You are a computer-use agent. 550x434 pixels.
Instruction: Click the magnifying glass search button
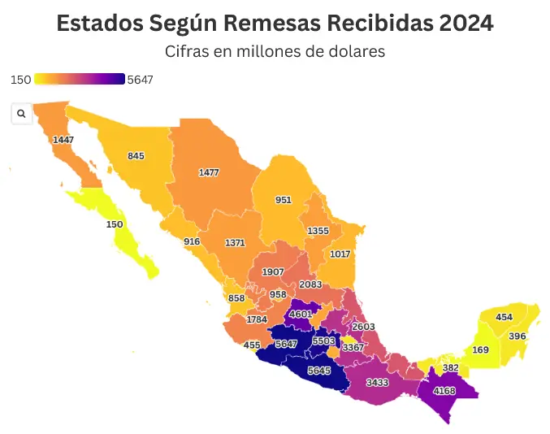(21, 114)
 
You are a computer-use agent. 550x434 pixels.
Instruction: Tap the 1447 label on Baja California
(63, 140)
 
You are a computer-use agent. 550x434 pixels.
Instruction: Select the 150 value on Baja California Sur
(115, 224)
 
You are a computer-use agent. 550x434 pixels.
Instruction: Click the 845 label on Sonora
(136, 156)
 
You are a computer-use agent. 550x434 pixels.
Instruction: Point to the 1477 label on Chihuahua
(209, 172)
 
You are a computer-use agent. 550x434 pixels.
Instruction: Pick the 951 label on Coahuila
(284, 199)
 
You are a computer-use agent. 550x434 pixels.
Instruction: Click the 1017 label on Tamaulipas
(340, 254)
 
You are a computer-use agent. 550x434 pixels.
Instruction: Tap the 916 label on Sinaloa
(192, 241)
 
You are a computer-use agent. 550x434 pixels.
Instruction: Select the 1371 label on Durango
(235, 243)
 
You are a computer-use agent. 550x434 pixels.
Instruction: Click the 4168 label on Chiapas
(444, 390)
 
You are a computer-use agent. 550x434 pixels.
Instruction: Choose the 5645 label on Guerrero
(318, 371)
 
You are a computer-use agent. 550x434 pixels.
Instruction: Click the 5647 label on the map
(285, 345)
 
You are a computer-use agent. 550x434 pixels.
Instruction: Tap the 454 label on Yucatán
(504, 317)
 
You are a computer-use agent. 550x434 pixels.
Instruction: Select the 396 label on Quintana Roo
(517, 336)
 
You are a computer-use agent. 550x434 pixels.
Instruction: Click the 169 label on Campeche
(480, 350)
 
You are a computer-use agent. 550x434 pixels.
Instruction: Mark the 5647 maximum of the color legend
(141, 80)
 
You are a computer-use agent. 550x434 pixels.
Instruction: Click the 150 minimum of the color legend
(21, 80)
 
